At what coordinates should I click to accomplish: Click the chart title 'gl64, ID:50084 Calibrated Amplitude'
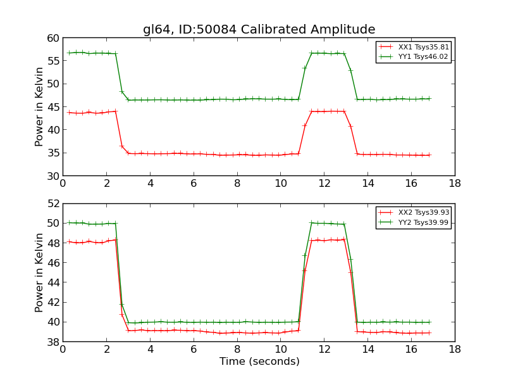259,29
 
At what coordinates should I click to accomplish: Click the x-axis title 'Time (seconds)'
259,362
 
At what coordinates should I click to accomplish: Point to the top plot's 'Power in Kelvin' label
39,106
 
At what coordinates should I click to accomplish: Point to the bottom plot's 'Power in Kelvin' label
39,272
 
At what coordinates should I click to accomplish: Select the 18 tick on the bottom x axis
454,350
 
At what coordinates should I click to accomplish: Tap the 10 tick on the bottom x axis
280,350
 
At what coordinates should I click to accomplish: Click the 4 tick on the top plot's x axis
150,184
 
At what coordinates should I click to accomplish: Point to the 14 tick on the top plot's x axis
367,184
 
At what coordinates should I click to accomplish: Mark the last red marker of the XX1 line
429,155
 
